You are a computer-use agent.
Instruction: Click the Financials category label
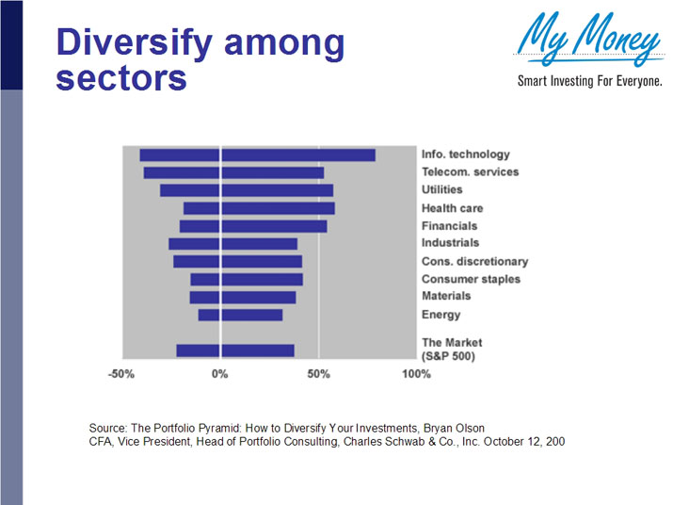449,226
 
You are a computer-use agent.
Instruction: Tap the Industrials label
450,243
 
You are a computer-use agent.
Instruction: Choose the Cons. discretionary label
474,261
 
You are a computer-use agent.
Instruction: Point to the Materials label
446,297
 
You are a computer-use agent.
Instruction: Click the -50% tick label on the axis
120,374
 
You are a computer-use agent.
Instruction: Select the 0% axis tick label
220,374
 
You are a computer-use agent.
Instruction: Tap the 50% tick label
318,374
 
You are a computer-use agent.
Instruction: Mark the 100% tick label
416,374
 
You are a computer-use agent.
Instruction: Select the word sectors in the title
120,77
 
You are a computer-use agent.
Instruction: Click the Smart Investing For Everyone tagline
590,82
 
